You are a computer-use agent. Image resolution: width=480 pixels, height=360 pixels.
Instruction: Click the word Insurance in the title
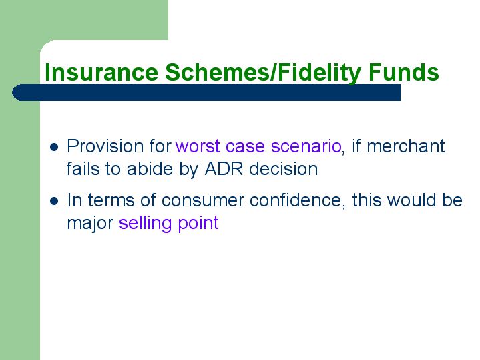[101, 72]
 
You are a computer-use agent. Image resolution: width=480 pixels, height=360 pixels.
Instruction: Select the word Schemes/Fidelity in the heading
[263, 73]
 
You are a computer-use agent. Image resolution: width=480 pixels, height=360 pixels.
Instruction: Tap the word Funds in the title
[403, 72]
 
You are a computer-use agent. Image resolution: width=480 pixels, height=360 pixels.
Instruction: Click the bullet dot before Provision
[54, 147]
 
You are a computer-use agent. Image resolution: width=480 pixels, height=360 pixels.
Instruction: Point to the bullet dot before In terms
[54, 201]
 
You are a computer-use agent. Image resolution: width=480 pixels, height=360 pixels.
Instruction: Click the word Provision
[105, 146]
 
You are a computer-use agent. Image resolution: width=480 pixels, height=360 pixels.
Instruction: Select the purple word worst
[198, 146]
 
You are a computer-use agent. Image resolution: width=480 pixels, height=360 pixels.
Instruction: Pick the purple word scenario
[306, 146]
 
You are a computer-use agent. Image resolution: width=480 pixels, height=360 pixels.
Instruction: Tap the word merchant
[406, 146]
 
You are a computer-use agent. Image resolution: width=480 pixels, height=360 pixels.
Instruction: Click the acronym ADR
[224, 169]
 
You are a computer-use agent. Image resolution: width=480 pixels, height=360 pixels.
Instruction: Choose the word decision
[284, 169]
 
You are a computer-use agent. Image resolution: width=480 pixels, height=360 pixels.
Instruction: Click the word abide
[150, 169]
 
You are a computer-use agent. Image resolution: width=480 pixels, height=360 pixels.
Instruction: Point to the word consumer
[203, 200]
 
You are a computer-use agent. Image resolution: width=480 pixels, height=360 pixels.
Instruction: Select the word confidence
[298, 200]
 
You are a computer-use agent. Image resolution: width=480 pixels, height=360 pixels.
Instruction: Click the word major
[90, 223]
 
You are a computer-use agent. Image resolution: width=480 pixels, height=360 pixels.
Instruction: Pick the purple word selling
[145, 223]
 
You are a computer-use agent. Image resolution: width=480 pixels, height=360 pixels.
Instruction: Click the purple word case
[245, 146]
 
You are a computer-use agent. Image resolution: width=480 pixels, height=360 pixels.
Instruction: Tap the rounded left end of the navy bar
[13, 93]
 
